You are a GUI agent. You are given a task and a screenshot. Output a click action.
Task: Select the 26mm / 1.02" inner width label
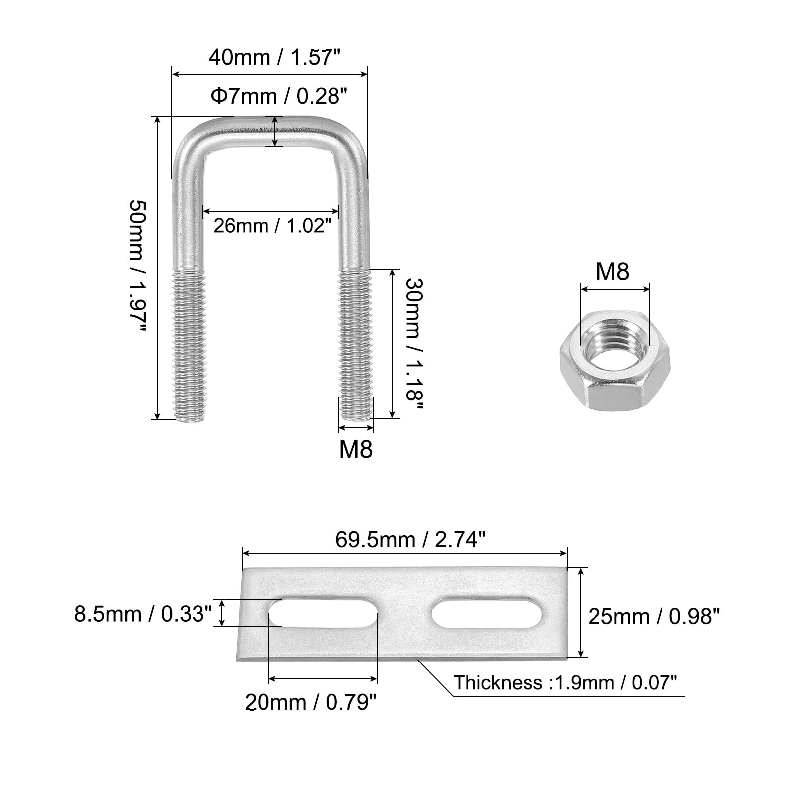click(x=272, y=226)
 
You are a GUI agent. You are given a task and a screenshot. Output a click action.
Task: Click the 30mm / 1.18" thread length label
click(x=414, y=344)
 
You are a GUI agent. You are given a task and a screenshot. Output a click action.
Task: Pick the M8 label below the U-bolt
click(x=356, y=449)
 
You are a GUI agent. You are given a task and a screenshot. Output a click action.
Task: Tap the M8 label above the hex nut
click(x=612, y=272)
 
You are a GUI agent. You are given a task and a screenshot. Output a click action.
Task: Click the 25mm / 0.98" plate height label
click(x=654, y=617)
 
